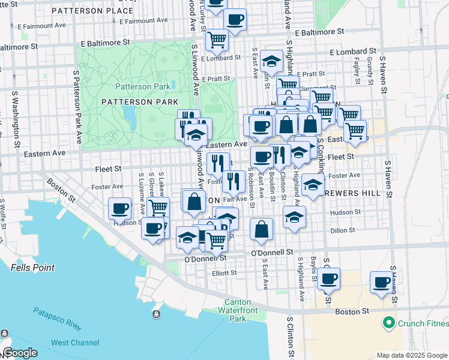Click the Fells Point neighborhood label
[x=32, y=268]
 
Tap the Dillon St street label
[x=339, y=230]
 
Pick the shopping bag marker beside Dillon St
[x=262, y=228]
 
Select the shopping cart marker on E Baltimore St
[x=217, y=39]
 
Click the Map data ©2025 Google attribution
[x=412, y=355]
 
